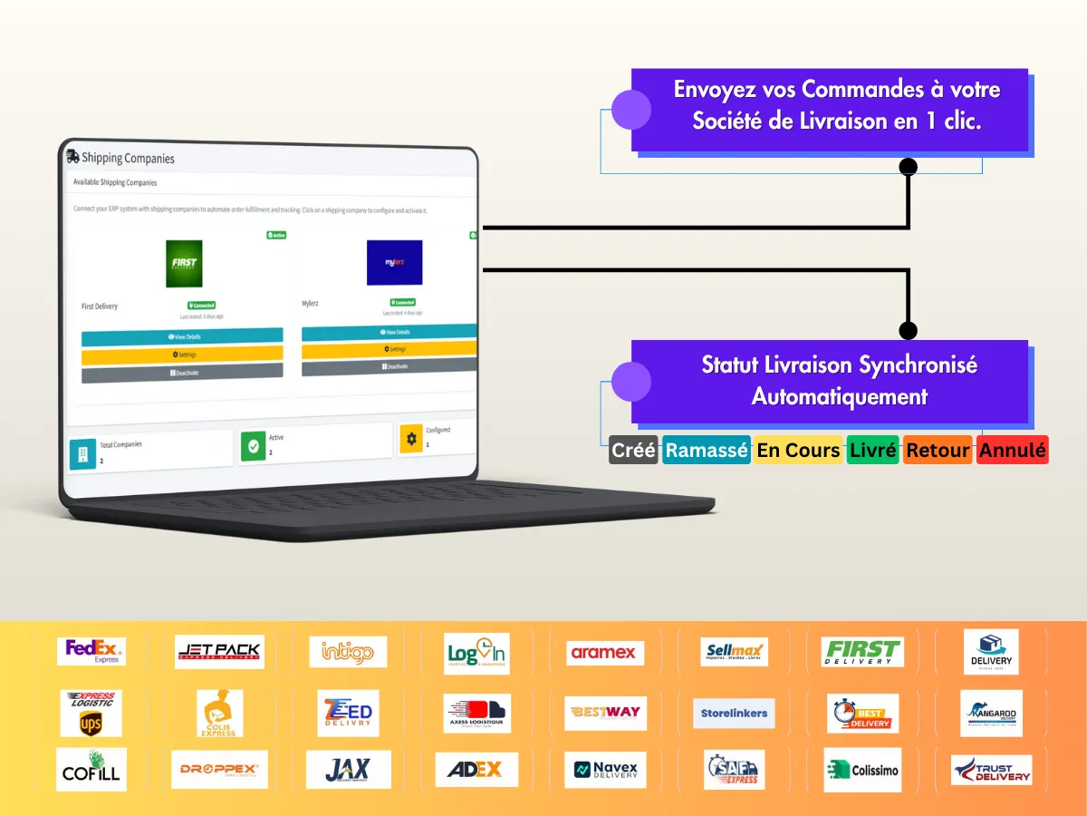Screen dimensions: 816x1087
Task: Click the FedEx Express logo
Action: [x=91, y=651]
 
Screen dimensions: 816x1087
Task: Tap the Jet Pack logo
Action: [x=219, y=651]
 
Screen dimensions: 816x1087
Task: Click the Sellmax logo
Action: [x=735, y=652]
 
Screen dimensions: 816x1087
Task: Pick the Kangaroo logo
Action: [x=991, y=713]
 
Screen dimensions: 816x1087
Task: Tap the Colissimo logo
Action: [x=862, y=770]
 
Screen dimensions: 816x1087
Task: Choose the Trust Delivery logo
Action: [x=991, y=770]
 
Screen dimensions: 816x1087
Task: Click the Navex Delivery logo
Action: [x=605, y=770]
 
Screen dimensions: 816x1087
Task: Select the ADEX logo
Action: [x=476, y=770]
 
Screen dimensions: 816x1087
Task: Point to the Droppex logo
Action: [x=219, y=770]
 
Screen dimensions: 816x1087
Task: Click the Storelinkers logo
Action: [x=735, y=714]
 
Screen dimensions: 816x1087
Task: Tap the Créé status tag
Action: [x=633, y=451]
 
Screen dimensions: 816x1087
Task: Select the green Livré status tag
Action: [x=872, y=451]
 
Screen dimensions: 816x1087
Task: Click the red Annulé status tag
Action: [x=1013, y=451]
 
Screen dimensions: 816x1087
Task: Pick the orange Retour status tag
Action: [x=938, y=451]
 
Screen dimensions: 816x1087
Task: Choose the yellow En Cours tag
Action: [x=798, y=451]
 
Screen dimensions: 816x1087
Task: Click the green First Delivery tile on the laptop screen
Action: [x=184, y=264]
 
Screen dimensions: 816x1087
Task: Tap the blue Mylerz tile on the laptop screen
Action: [x=394, y=262]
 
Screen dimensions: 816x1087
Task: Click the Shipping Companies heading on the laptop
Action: [x=127, y=158]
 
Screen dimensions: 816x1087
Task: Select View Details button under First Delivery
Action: [x=182, y=336]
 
